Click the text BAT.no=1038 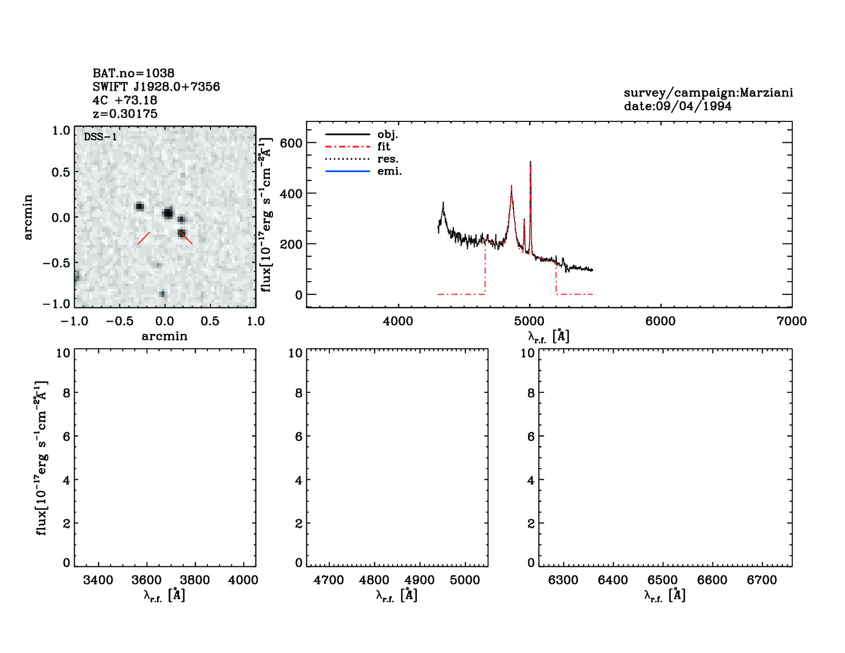pos(133,73)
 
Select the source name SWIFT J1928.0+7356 pos(156,87)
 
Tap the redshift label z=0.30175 pos(125,114)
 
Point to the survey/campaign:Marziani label pos(708,93)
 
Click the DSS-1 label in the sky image pos(100,137)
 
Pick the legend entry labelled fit pos(384,146)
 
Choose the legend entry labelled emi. pos(389,171)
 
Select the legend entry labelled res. pos(388,159)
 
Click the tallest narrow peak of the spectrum pos(530,163)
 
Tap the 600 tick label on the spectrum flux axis pos(291,143)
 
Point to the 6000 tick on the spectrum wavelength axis pos(660,321)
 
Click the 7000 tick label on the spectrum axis pos(791,321)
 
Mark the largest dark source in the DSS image pos(168,213)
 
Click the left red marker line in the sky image pos(144,238)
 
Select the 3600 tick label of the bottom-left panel pos(147,580)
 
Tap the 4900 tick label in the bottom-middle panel pos(419,580)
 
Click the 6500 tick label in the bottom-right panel pos(663,580)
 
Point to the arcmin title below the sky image pos(164,336)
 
